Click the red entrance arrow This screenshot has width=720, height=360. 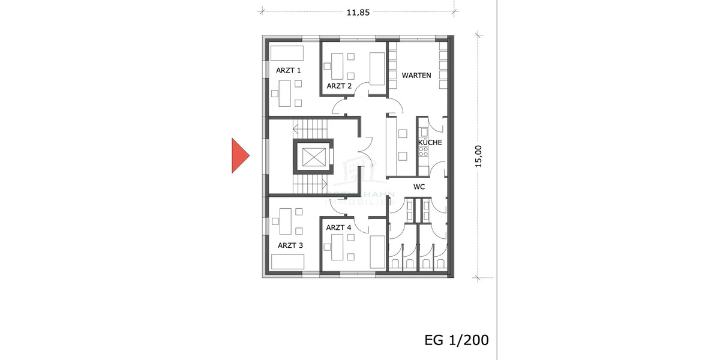(239, 155)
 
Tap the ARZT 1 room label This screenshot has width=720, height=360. (288, 70)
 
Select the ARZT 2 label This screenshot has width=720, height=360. (339, 86)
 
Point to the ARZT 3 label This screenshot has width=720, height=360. (290, 245)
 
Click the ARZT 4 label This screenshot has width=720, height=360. (338, 227)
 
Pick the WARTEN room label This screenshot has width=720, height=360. (416, 75)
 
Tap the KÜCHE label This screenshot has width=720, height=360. (430, 143)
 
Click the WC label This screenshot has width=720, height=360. (419, 187)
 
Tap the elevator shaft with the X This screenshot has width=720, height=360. (313, 157)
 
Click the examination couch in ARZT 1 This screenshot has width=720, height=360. (287, 52)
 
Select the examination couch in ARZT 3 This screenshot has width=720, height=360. (287, 262)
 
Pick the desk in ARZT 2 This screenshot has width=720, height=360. (337, 66)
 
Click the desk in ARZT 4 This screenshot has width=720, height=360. (337, 248)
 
